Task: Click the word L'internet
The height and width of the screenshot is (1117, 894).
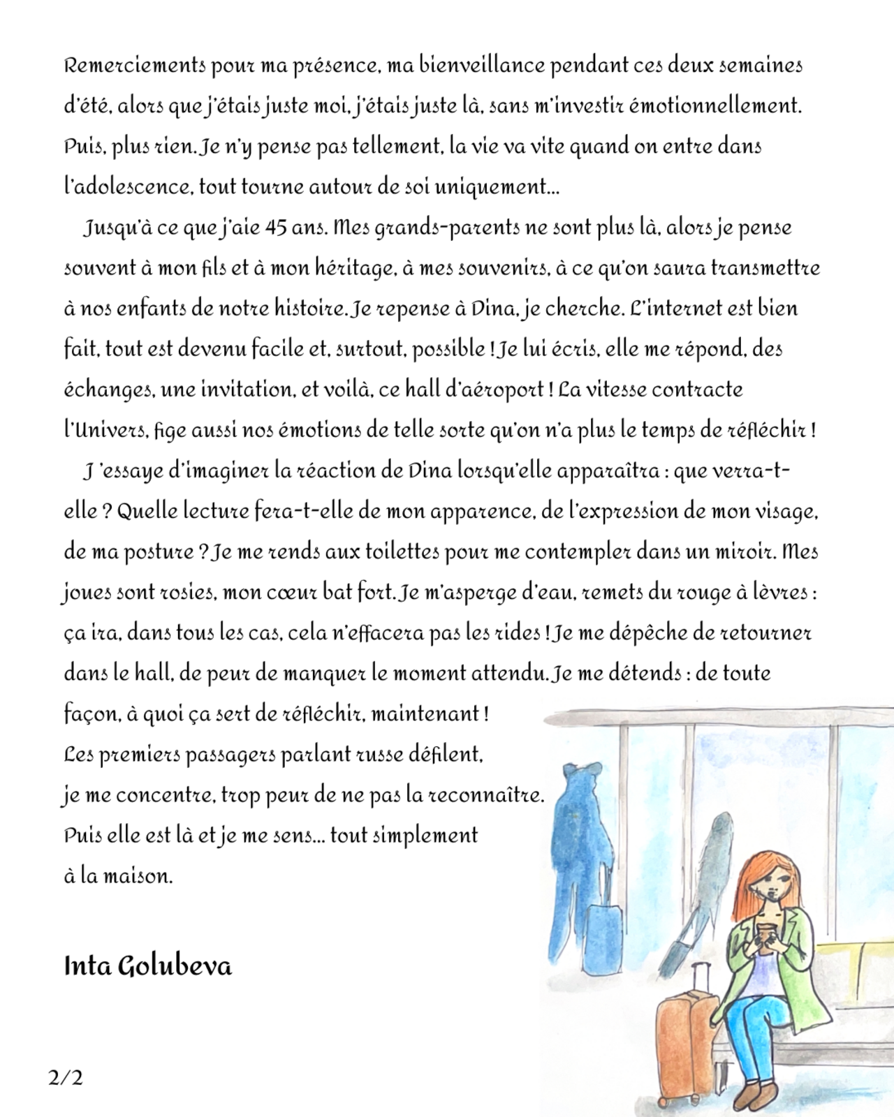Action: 673,309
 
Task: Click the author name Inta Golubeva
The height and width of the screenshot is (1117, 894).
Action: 147,967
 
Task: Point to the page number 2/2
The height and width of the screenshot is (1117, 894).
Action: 66,1078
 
